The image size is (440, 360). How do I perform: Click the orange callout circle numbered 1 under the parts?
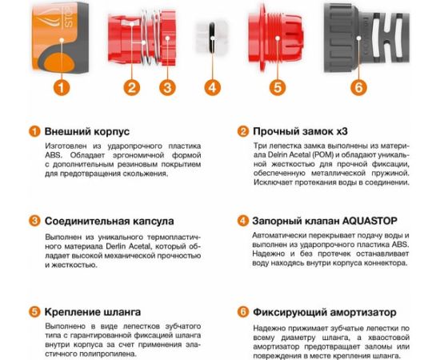62,87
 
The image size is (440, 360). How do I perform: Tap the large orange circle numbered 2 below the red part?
132,87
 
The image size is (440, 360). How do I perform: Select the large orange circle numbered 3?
167,87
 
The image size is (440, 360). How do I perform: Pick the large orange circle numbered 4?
213,87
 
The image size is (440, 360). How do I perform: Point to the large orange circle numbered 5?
278,87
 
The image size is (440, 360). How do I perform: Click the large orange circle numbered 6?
358,87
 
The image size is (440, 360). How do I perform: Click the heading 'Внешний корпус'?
87,131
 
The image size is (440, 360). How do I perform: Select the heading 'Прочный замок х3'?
300,131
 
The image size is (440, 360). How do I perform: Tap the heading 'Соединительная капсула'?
109,221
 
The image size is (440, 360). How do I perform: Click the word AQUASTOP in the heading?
370,221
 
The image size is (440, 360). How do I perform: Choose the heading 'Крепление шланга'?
93,312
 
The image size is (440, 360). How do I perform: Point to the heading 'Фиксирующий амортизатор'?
325,312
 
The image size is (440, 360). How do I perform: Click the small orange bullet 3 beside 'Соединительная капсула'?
34,221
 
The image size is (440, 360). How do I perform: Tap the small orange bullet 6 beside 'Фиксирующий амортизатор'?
243,312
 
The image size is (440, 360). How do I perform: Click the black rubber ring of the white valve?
212,38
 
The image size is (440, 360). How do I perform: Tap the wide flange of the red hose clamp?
262,37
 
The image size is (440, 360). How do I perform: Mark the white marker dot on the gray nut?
358,38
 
